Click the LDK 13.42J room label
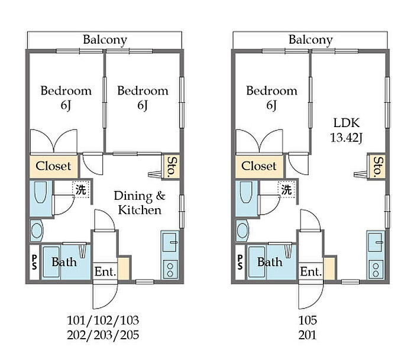click(x=346, y=130)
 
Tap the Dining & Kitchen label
click(x=140, y=203)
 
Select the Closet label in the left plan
click(x=54, y=166)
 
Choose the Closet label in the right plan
click(x=259, y=166)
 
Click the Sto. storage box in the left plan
click(x=172, y=167)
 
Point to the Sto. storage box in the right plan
click(x=377, y=167)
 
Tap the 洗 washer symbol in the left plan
click(x=80, y=190)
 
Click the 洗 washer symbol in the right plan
click(x=286, y=190)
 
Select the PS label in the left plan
click(x=34, y=262)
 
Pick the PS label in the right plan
click(x=240, y=262)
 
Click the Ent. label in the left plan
click(x=105, y=271)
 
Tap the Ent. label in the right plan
click(x=310, y=271)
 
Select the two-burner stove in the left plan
click(x=170, y=270)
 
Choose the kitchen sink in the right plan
click(x=375, y=242)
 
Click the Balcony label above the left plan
click(x=105, y=40)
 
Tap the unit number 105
click(x=308, y=320)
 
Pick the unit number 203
click(x=103, y=335)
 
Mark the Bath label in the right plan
click(x=270, y=262)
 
